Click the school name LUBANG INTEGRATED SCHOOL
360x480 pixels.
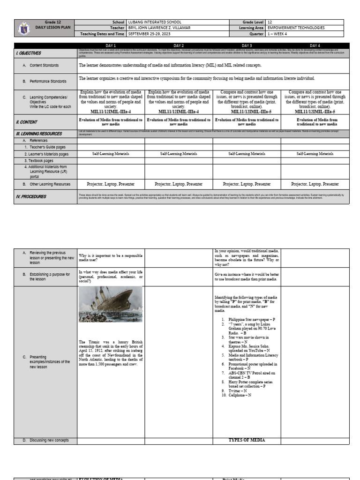pyautogui.click(x=154, y=22)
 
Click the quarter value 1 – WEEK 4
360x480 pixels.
pyautogui.click(x=279, y=33)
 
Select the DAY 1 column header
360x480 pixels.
pyautogui.click(x=111, y=45)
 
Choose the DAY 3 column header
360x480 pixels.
pyautogui.click(x=247, y=45)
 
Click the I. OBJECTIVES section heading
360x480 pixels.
pyautogui.click(x=29, y=53)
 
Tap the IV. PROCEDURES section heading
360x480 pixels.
pyautogui.click(x=31, y=197)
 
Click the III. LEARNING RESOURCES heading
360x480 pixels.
pyautogui.click(x=37, y=134)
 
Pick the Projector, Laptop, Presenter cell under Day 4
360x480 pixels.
pyautogui.click(x=315, y=184)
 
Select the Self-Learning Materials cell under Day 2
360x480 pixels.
pyautogui.click(x=179, y=154)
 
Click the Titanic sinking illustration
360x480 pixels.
pyautogui.click(x=111, y=305)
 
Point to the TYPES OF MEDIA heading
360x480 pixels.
pyautogui.click(x=247, y=440)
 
